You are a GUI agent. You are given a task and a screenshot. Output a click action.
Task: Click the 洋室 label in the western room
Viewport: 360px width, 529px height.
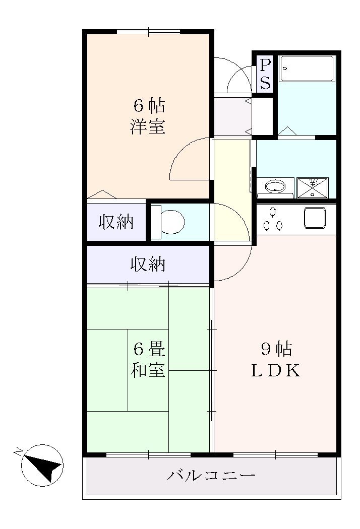(x=148, y=126)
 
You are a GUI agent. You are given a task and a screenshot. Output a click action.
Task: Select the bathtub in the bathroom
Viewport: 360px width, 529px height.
(x=307, y=69)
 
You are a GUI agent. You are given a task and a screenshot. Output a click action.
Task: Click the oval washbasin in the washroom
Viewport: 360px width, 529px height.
(x=275, y=186)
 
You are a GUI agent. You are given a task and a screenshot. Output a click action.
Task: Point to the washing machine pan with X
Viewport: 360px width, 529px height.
(x=312, y=187)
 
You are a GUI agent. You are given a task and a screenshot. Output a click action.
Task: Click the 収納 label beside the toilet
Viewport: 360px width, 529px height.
(x=116, y=222)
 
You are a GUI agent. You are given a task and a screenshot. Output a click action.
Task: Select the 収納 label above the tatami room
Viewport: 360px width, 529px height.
(x=148, y=264)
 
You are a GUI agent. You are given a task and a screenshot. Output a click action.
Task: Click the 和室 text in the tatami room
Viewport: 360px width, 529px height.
(x=148, y=370)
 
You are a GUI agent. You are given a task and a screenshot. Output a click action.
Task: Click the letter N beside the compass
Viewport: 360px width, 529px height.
(x=18, y=450)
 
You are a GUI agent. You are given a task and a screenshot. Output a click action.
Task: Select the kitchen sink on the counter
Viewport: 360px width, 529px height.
(x=315, y=218)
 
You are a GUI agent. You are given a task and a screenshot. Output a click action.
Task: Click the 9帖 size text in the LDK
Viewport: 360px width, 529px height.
(x=276, y=348)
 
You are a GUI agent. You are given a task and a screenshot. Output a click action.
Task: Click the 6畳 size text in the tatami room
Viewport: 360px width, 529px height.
(x=148, y=348)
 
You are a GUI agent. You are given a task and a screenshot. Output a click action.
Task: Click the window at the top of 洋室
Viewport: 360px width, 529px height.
(x=148, y=32)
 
